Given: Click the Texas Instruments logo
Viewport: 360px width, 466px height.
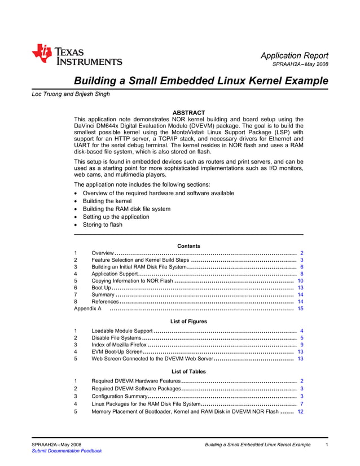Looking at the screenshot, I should tap(77, 55).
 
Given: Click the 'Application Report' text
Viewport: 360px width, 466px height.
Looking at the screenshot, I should tap(294, 55).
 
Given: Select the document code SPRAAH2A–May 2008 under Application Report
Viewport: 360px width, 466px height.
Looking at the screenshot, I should tap(300, 64).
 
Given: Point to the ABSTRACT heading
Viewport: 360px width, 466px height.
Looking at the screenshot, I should tap(188, 113).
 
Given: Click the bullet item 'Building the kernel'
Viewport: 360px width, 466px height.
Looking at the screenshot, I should tap(107, 201).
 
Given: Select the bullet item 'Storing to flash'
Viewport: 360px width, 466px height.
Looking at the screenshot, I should tap(102, 225).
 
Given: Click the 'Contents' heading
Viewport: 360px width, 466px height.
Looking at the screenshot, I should tap(188, 246).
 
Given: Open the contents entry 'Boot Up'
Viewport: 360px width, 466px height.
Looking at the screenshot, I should tap(101, 288).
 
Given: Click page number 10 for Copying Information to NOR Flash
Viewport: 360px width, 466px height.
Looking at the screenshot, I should tap(300, 280).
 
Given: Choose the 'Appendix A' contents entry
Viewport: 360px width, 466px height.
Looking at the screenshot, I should tap(87, 309).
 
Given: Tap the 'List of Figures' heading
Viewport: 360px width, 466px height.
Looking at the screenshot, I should tap(188, 321).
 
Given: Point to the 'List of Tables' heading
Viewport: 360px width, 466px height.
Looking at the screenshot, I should tap(188, 372).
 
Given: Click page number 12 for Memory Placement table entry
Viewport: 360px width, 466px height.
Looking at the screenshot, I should tap(300, 412).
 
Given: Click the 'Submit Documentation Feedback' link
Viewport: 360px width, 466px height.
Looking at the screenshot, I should tap(67, 451).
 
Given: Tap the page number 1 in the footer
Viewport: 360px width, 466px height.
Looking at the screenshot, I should tap(327, 445).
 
